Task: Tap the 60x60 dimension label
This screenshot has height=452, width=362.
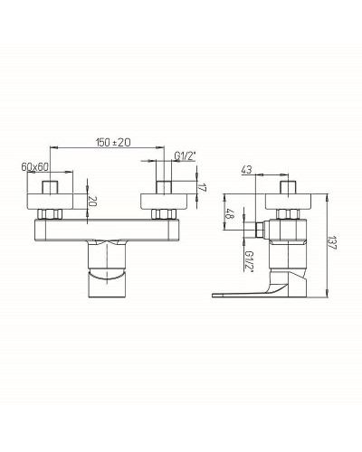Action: (35, 166)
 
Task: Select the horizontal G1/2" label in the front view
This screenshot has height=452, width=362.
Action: (184, 155)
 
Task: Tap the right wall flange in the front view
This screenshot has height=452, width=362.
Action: (165, 201)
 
